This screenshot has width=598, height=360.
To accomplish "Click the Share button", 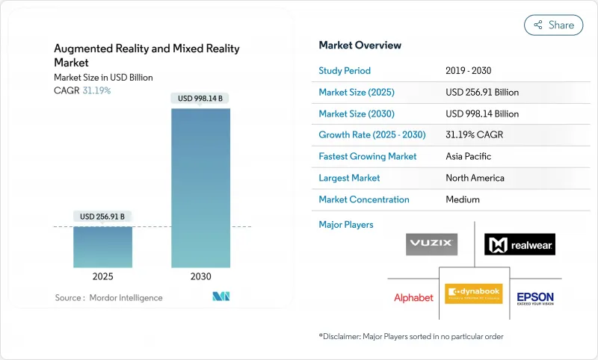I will (x=554, y=25).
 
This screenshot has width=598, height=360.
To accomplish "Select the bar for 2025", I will (x=102, y=246).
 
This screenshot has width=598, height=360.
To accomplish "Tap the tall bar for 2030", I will (x=200, y=187).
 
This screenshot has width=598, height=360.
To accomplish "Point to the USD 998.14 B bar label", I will (x=200, y=98).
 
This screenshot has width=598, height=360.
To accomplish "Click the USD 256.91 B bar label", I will (x=102, y=217).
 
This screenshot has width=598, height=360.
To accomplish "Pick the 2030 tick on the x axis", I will (x=200, y=276).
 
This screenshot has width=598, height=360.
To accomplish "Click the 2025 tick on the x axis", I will (x=102, y=276).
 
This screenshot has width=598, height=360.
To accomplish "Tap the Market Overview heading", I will (x=360, y=46).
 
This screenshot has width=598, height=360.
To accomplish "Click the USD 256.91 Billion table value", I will (x=481, y=93).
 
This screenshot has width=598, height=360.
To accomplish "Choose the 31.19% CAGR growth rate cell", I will (x=475, y=135).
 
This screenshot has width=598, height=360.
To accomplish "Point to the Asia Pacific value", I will (x=469, y=157).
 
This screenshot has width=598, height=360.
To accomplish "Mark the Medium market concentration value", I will (x=462, y=199).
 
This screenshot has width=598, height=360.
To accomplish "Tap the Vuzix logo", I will (x=431, y=244).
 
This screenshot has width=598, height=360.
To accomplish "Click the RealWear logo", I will (x=520, y=244).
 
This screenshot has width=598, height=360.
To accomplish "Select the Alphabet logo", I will (x=413, y=297).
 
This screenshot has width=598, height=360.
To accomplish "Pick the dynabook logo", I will (x=473, y=294).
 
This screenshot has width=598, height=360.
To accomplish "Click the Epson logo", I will (x=535, y=298).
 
